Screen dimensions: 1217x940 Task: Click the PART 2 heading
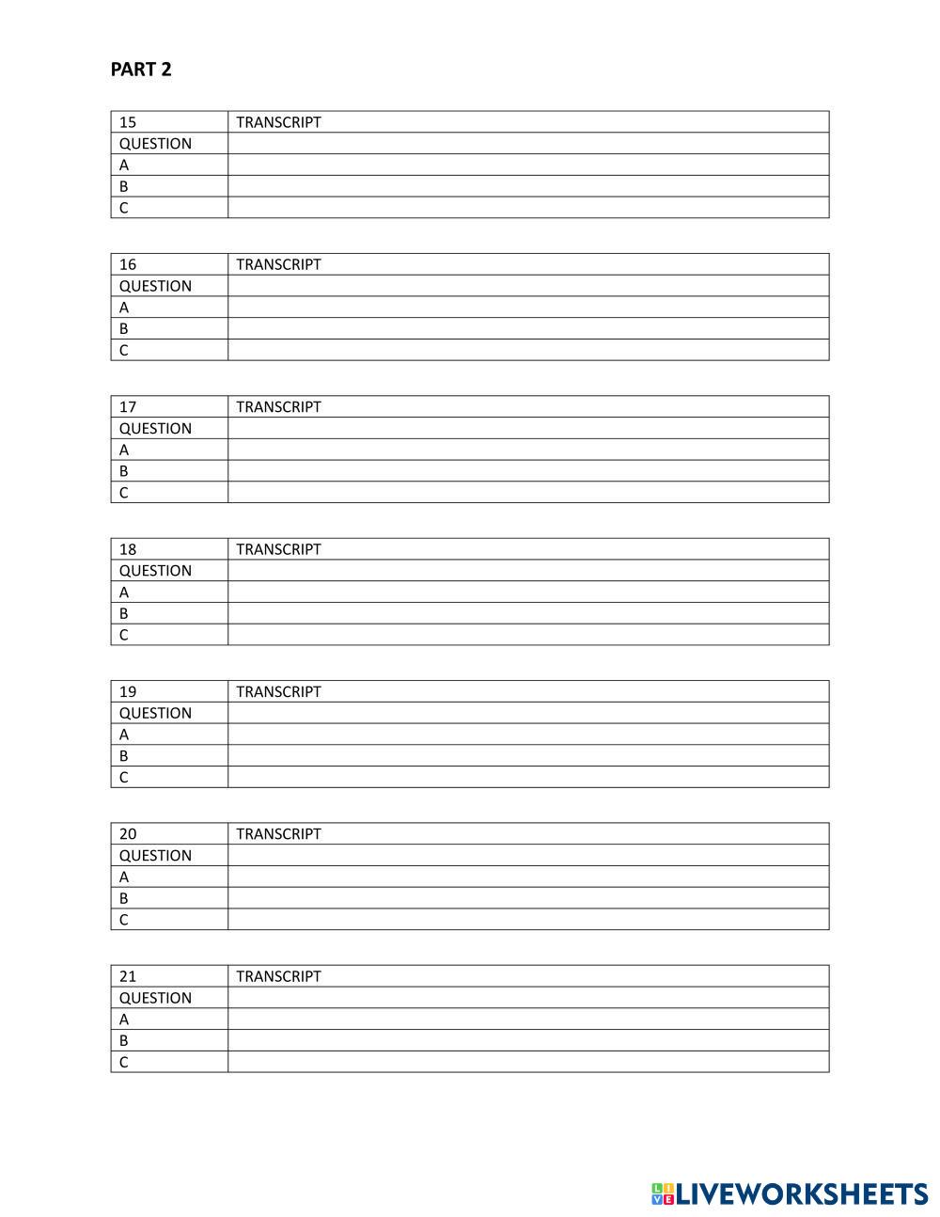click(141, 70)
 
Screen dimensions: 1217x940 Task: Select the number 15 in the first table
click(128, 122)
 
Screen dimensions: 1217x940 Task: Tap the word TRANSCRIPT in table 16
click(278, 264)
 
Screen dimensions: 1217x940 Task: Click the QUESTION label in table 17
click(155, 428)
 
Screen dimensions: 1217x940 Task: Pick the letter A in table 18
click(124, 593)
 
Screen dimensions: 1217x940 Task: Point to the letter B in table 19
click(124, 755)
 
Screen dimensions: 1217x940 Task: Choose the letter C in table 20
click(124, 920)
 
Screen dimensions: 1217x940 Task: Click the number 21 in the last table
click(128, 976)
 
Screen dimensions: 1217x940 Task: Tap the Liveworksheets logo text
click(802, 1194)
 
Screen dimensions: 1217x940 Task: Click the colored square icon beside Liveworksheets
click(663, 1194)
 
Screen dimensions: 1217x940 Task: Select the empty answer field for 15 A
click(528, 165)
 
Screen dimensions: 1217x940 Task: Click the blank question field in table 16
click(528, 286)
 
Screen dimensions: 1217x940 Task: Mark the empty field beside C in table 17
click(528, 492)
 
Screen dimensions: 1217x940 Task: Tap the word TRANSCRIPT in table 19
click(278, 691)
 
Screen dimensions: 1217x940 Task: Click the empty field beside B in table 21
click(528, 1040)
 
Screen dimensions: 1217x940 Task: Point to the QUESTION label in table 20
click(155, 855)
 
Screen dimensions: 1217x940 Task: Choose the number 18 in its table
click(128, 549)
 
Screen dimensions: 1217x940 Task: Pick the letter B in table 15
click(124, 186)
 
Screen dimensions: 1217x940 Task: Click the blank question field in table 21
click(528, 998)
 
